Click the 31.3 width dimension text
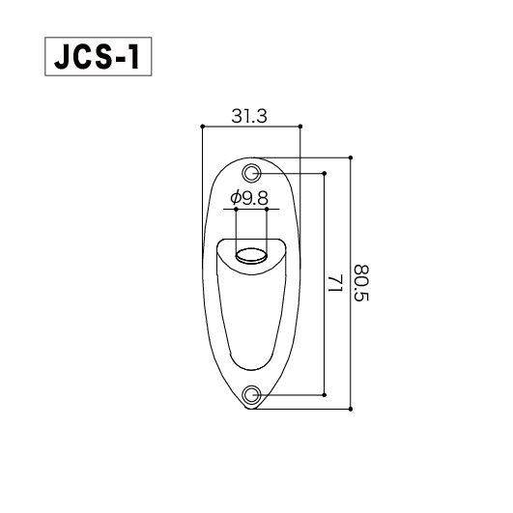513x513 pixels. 249,116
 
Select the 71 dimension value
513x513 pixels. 335,283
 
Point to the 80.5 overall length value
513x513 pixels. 361,283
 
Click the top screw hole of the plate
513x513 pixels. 252,173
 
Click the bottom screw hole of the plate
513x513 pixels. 252,394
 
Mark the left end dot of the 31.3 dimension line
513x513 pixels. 201,126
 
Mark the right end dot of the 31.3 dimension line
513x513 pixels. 301,126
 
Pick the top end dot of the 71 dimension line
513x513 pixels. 325,173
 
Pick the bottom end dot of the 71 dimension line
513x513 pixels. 325,394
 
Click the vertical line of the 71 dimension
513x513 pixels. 325,232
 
